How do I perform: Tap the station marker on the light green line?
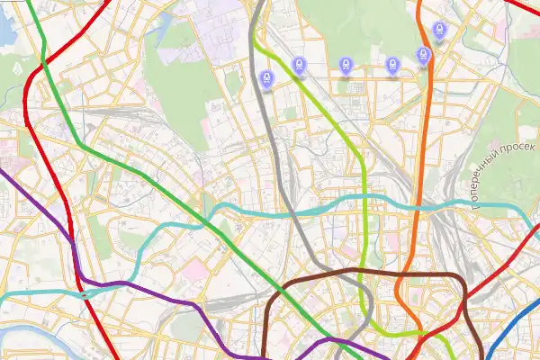(299, 65)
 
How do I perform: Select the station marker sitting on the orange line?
(424, 56)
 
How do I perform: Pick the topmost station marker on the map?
(439, 31)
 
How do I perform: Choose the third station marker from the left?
(346, 65)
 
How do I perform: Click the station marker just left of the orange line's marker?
(392, 65)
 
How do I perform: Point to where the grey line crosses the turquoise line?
(290, 212)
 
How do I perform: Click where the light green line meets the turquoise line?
(364, 196)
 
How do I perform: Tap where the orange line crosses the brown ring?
(402, 271)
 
